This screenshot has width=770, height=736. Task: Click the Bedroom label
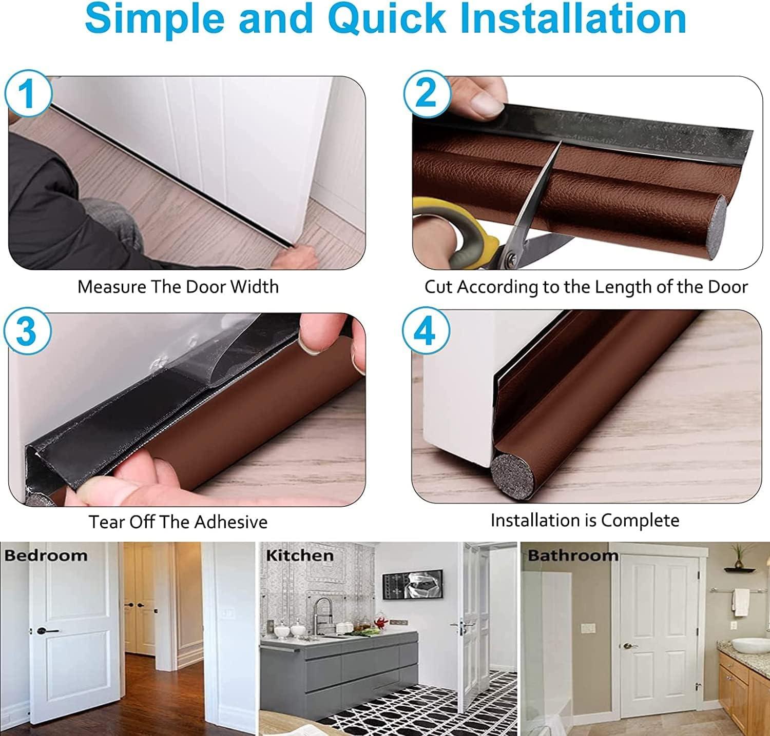tap(46, 555)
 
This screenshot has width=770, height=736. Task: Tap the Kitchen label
tap(299, 555)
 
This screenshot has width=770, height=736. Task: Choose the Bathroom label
tap(573, 555)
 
